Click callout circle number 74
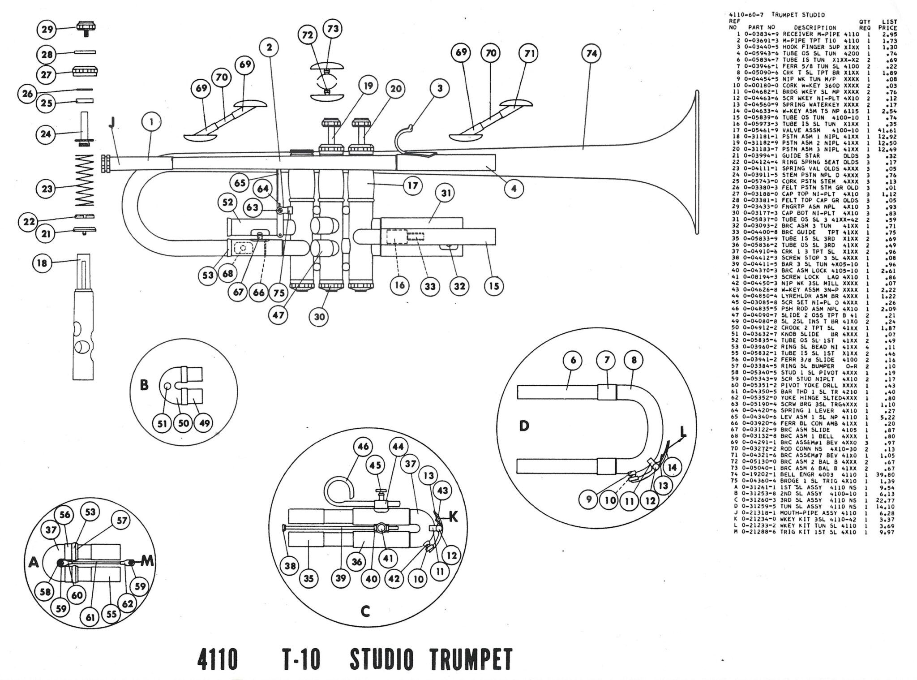(x=591, y=54)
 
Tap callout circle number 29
(x=47, y=30)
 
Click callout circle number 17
(x=412, y=185)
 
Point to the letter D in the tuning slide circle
(x=524, y=426)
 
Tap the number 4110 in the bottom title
(x=217, y=659)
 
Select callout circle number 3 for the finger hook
(x=440, y=89)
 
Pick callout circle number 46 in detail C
(x=364, y=447)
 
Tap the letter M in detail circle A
(x=147, y=560)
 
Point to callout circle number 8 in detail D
(x=633, y=360)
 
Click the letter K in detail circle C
(x=453, y=517)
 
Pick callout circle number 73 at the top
(x=333, y=29)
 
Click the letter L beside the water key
(x=682, y=432)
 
